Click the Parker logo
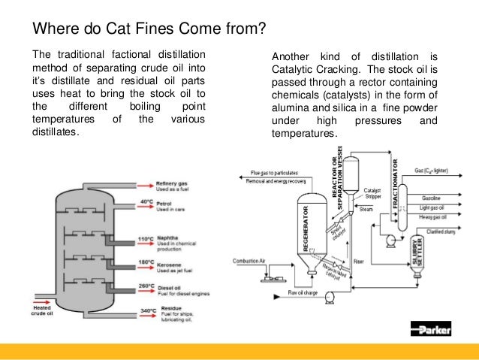coord(438,328)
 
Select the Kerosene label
coord(172,263)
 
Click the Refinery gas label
coord(173,182)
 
